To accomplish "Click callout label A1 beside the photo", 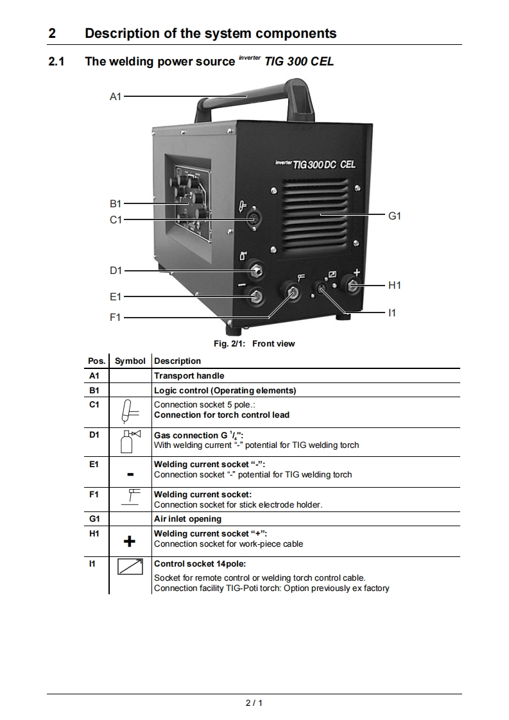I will [115, 96].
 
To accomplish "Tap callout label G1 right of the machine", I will [395, 216].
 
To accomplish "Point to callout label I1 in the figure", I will [392, 313].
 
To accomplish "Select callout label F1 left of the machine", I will [115, 318].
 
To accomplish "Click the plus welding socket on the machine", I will [352, 286].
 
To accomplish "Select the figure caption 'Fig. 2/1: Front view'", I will [254, 344].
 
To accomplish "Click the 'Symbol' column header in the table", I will [130, 361].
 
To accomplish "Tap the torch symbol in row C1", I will [130, 411].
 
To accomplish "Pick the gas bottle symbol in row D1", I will [130, 441].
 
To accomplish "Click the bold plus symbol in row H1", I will [130, 542].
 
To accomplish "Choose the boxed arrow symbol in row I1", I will [130, 567].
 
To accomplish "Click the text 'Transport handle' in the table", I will [189, 375].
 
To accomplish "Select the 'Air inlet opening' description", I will [187, 519].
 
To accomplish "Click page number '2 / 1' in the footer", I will [254, 703].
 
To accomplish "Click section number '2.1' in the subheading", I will [56, 62].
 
